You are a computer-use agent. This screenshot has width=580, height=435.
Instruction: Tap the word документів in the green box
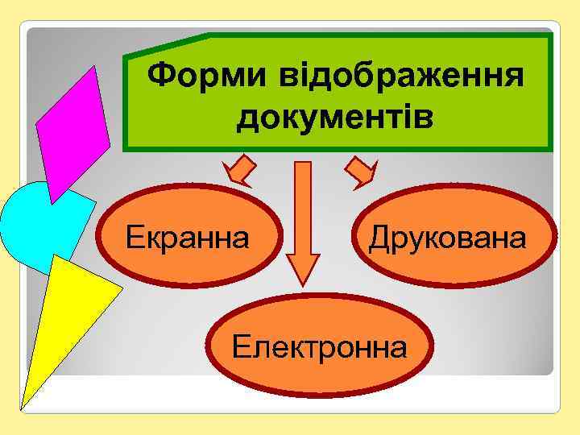(x=335, y=117)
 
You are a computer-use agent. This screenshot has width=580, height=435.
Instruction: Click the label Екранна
(x=187, y=238)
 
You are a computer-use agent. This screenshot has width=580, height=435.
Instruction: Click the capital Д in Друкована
(x=378, y=238)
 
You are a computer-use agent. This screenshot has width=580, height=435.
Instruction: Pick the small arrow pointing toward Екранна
(x=239, y=172)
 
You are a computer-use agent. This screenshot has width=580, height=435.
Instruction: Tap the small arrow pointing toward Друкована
(x=361, y=172)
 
